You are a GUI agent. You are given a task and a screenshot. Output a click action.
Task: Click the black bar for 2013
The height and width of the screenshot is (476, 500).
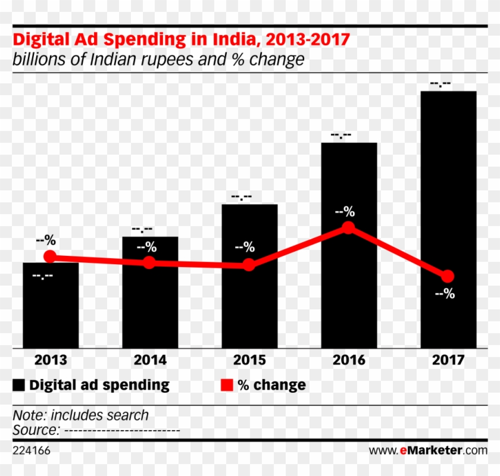click(51, 309)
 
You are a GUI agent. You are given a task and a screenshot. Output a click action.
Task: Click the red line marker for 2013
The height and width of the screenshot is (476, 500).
click(50, 256)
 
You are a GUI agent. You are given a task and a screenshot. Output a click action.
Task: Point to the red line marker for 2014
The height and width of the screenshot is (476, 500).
click(149, 262)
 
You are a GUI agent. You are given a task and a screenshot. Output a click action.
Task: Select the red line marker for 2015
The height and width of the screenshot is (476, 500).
click(249, 265)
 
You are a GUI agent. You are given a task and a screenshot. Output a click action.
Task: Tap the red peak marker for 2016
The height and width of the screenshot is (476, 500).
click(349, 228)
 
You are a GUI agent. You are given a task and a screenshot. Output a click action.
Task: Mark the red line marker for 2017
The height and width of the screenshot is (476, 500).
click(448, 276)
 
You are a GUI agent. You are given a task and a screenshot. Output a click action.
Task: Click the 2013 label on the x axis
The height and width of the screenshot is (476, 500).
click(51, 361)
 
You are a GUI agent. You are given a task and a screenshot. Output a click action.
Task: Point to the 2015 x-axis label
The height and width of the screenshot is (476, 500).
click(249, 361)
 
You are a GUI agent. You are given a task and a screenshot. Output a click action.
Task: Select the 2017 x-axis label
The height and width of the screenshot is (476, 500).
click(448, 361)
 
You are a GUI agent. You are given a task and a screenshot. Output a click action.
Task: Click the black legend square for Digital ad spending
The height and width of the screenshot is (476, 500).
click(19, 386)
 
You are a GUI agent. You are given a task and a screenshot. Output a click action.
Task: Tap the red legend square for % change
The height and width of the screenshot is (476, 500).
click(226, 386)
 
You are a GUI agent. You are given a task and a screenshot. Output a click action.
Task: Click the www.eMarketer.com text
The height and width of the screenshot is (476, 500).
click(428, 450)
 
